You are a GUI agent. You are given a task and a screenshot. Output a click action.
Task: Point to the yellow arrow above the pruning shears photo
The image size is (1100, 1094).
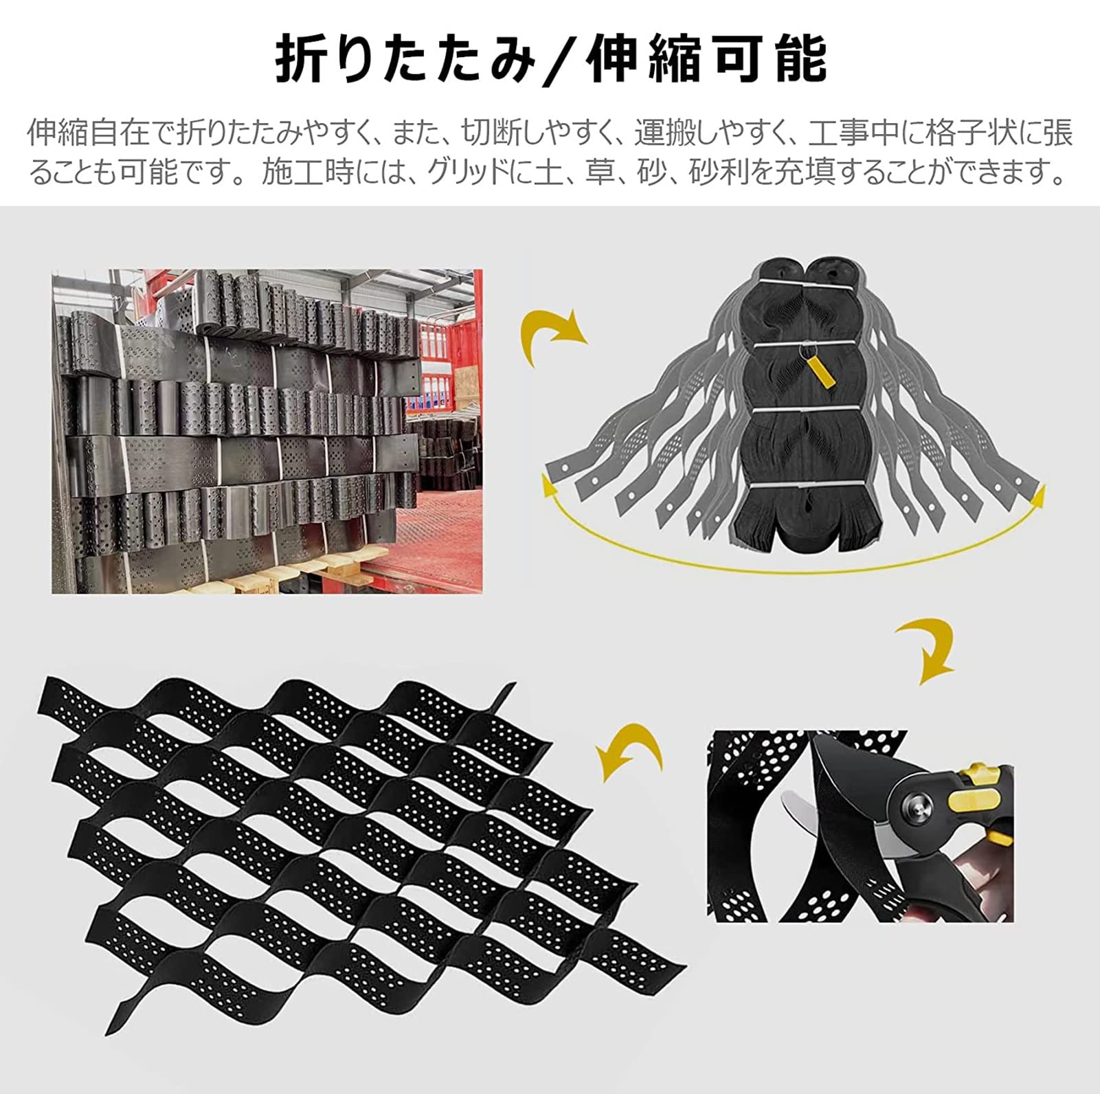928,649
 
